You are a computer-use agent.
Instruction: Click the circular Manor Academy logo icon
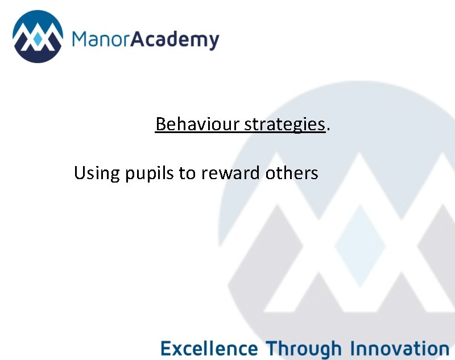38,37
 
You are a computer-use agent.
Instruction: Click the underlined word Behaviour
197,124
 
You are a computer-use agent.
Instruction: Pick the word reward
231,172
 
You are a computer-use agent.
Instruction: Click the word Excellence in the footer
209,347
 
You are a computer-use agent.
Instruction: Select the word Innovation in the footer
400,347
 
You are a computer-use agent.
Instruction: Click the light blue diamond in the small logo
38,40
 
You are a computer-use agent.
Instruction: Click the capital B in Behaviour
160,124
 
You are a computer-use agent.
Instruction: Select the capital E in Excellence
165,347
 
